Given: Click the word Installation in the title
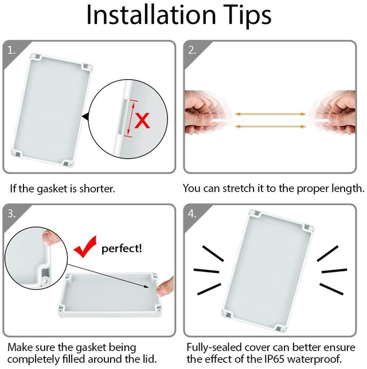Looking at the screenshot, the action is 151,14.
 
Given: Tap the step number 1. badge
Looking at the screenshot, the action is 11,50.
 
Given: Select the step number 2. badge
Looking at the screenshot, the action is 192,50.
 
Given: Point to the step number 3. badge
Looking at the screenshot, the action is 11,214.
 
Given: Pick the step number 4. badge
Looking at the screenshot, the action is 192,214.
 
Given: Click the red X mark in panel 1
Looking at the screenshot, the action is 142,120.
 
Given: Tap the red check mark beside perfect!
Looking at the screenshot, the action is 85,246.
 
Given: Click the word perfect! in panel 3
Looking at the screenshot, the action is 122,249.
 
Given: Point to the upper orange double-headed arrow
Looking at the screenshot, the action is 271,114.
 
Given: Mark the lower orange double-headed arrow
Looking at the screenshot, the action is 271,127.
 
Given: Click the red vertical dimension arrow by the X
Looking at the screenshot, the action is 131,119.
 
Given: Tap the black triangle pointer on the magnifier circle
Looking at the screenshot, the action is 85,116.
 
